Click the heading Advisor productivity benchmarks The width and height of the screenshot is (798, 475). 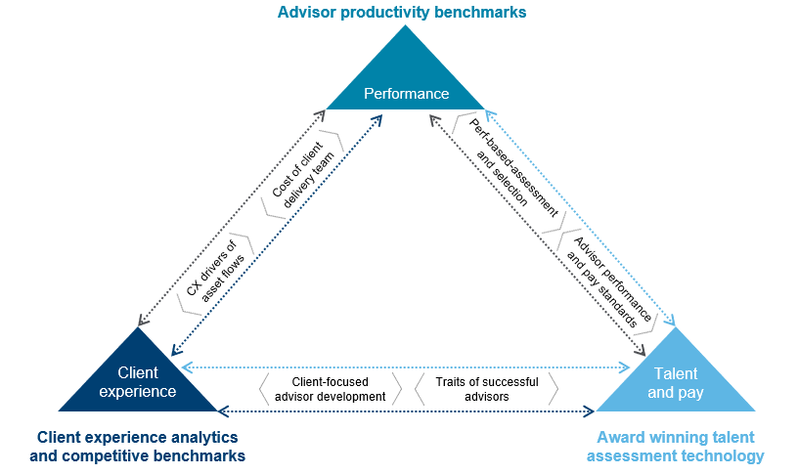click(402, 12)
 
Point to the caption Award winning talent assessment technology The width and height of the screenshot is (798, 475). click(680, 447)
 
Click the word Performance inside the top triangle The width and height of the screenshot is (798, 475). click(406, 94)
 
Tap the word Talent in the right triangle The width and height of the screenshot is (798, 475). click(675, 373)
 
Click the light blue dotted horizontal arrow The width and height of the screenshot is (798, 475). click(406, 368)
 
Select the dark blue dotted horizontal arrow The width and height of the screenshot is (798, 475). click(406, 410)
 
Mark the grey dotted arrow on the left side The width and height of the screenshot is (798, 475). click(231, 219)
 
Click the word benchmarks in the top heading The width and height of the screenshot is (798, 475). click(478, 12)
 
